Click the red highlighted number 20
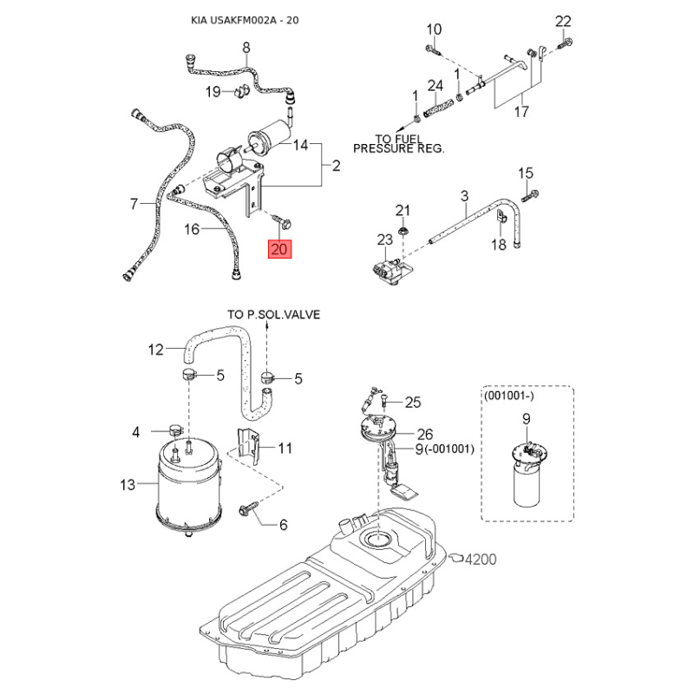pyautogui.click(x=279, y=249)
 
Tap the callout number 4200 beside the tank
pyautogui.click(x=481, y=559)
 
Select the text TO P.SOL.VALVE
pyautogui.click(x=273, y=315)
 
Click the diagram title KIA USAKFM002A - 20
pyautogui.click(x=245, y=20)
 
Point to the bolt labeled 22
pyautogui.click(x=565, y=43)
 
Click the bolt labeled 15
pyautogui.click(x=530, y=195)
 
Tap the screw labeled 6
pyautogui.click(x=250, y=507)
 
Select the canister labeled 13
pyautogui.click(x=189, y=487)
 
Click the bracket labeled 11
pyautogui.click(x=248, y=445)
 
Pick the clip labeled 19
pyautogui.click(x=241, y=91)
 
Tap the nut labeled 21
pyautogui.click(x=403, y=231)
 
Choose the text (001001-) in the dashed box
pyautogui.click(x=509, y=396)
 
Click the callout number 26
pyautogui.click(x=425, y=435)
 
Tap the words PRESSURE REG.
pyautogui.click(x=398, y=148)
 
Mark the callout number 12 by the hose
pyautogui.click(x=156, y=350)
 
